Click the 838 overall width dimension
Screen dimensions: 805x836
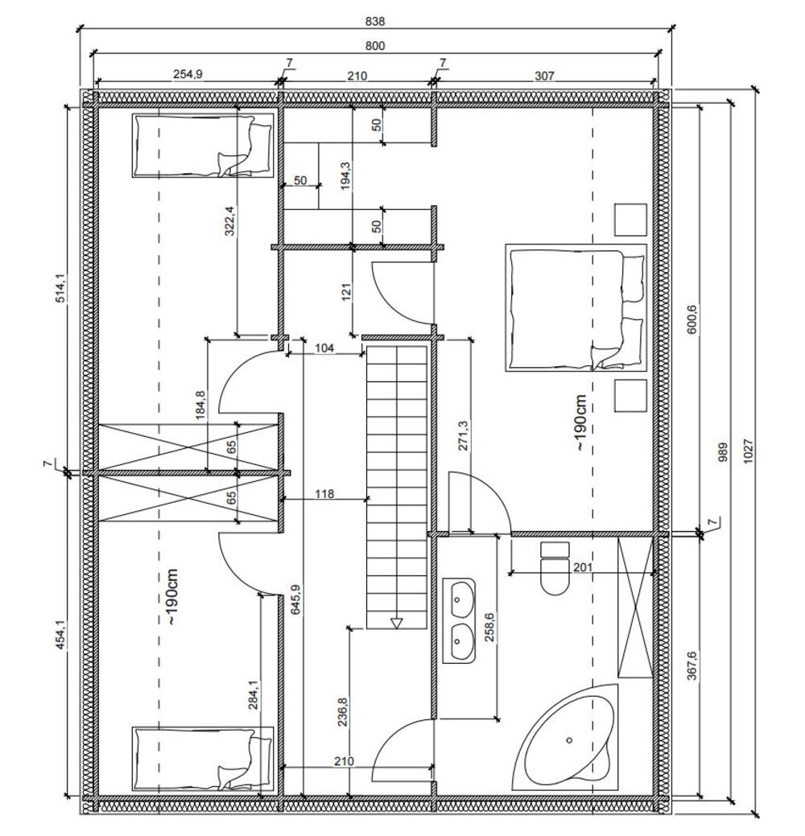pos(375,22)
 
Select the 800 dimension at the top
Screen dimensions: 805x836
pos(375,46)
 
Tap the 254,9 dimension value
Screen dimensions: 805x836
pos(188,74)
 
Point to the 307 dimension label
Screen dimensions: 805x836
pos(544,76)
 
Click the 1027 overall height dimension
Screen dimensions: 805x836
pos(748,451)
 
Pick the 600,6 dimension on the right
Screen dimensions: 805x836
pos(692,319)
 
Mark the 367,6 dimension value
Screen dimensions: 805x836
pos(692,665)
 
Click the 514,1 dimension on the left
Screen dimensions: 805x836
pos(60,288)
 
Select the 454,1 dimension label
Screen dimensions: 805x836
pos(60,634)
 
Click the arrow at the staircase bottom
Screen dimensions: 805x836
pos(396,624)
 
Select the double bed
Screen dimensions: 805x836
pos(576,307)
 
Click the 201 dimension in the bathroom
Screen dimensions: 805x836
pos(583,566)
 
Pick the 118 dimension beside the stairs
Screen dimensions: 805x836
pos(324,494)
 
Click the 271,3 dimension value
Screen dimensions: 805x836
pos(463,435)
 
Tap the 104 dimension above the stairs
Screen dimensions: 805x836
pos(324,348)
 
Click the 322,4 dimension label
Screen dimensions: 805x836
pos(230,220)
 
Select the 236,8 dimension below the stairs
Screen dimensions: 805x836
pos(343,712)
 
